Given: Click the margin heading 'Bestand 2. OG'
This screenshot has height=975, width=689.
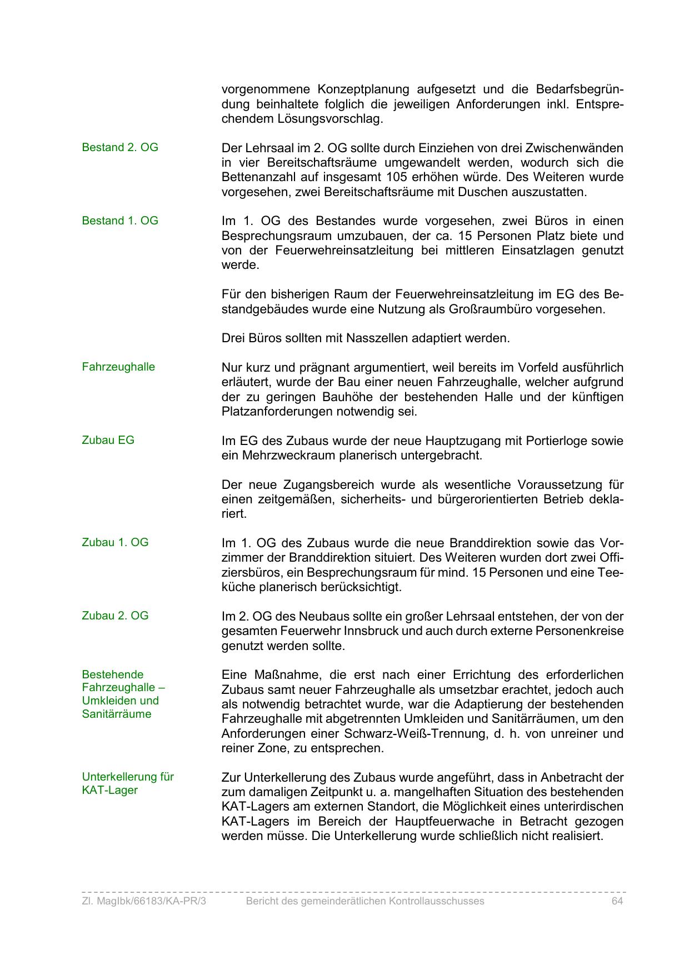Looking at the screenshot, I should coord(120,147).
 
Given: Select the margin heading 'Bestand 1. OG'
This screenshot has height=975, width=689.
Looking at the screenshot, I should coord(120,221).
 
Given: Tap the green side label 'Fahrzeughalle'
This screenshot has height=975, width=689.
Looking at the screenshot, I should coord(118,367).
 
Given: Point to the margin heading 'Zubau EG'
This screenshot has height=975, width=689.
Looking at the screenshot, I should coord(108,440).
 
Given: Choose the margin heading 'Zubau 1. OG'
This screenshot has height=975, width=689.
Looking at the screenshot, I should coord(115,542).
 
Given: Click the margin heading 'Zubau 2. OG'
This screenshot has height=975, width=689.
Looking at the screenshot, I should coord(115,616).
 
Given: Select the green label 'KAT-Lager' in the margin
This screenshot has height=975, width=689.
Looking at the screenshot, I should coord(109,790).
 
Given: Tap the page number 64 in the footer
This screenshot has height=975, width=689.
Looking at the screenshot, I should coord(617,901).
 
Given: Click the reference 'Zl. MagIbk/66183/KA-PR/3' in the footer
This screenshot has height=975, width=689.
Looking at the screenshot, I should coord(144,901).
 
